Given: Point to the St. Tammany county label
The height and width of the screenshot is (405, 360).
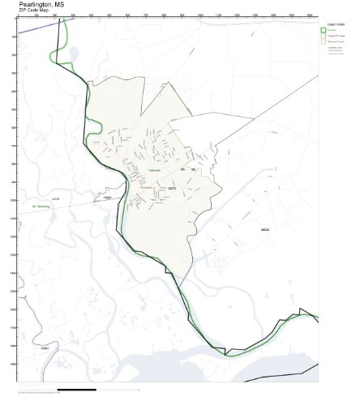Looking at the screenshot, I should (41, 207).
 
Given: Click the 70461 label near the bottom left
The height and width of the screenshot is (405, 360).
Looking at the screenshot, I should (45, 348).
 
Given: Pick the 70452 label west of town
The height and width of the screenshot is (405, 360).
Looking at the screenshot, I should (103, 196).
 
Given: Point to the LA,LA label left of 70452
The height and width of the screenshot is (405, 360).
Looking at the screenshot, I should (56, 197).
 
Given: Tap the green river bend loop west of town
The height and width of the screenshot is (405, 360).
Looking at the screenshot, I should (92, 126).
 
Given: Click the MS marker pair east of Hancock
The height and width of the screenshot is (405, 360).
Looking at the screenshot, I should (189, 168).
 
